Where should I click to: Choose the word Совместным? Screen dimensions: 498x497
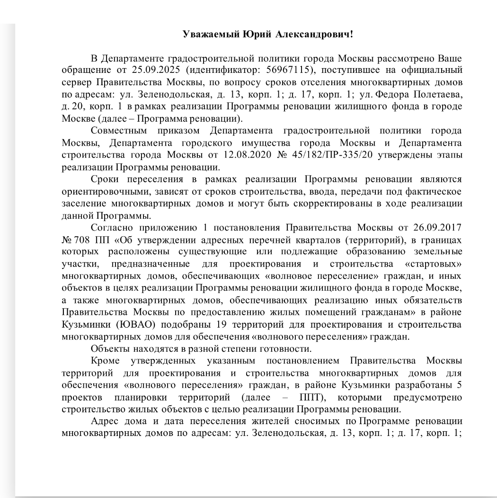(x=119, y=130)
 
